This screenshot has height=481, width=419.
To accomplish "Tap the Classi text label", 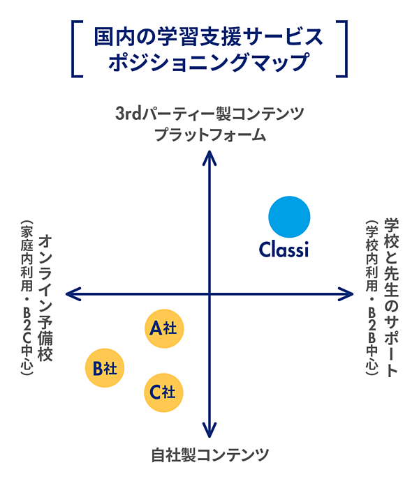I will click(x=284, y=249).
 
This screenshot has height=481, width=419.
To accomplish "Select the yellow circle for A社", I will click(x=164, y=328).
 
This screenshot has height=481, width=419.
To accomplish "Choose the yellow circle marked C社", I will click(x=164, y=392).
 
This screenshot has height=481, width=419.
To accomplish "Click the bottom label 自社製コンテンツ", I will click(x=209, y=456).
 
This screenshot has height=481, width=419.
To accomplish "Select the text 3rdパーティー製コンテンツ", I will click(x=209, y=114).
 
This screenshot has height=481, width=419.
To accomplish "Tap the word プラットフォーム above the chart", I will click(x=209, y=134).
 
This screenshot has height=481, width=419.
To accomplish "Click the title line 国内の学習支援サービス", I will click(x=209, y=36).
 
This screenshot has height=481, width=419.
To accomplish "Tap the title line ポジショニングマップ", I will click(x=209, y=61).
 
